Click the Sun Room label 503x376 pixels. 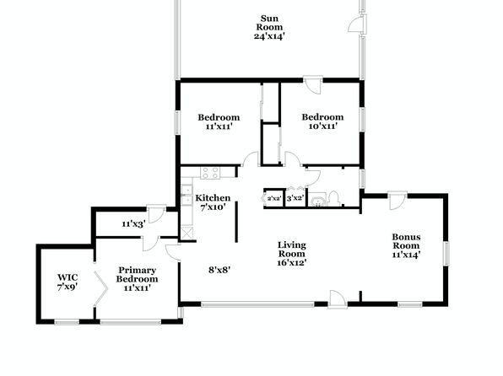tap(269, 23)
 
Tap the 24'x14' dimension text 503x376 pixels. tap(269, 36)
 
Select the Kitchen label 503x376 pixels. tap(213, 198)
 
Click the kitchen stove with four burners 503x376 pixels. tap(210, 173)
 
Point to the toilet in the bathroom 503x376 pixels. tap(333, 199)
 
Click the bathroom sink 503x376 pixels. tap(318, 201)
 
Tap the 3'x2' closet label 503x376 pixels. tap(295, 198)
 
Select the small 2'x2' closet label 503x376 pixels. tap(274, 199)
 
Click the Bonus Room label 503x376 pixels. tap(406, 241)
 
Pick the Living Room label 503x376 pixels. tap(292, 250)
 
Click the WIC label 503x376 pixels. tap(68, 277)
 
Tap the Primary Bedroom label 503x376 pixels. tap(137, 274)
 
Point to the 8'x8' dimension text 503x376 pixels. tap(219, 271)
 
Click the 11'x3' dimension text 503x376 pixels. tap(133, 224)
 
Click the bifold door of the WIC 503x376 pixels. tap(100, 288)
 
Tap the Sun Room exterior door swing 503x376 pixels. tap(356, 24)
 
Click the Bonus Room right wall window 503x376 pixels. tap(446, 254)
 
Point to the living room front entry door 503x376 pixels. tap(338, 298)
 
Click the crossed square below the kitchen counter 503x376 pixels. tap(187, 233)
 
